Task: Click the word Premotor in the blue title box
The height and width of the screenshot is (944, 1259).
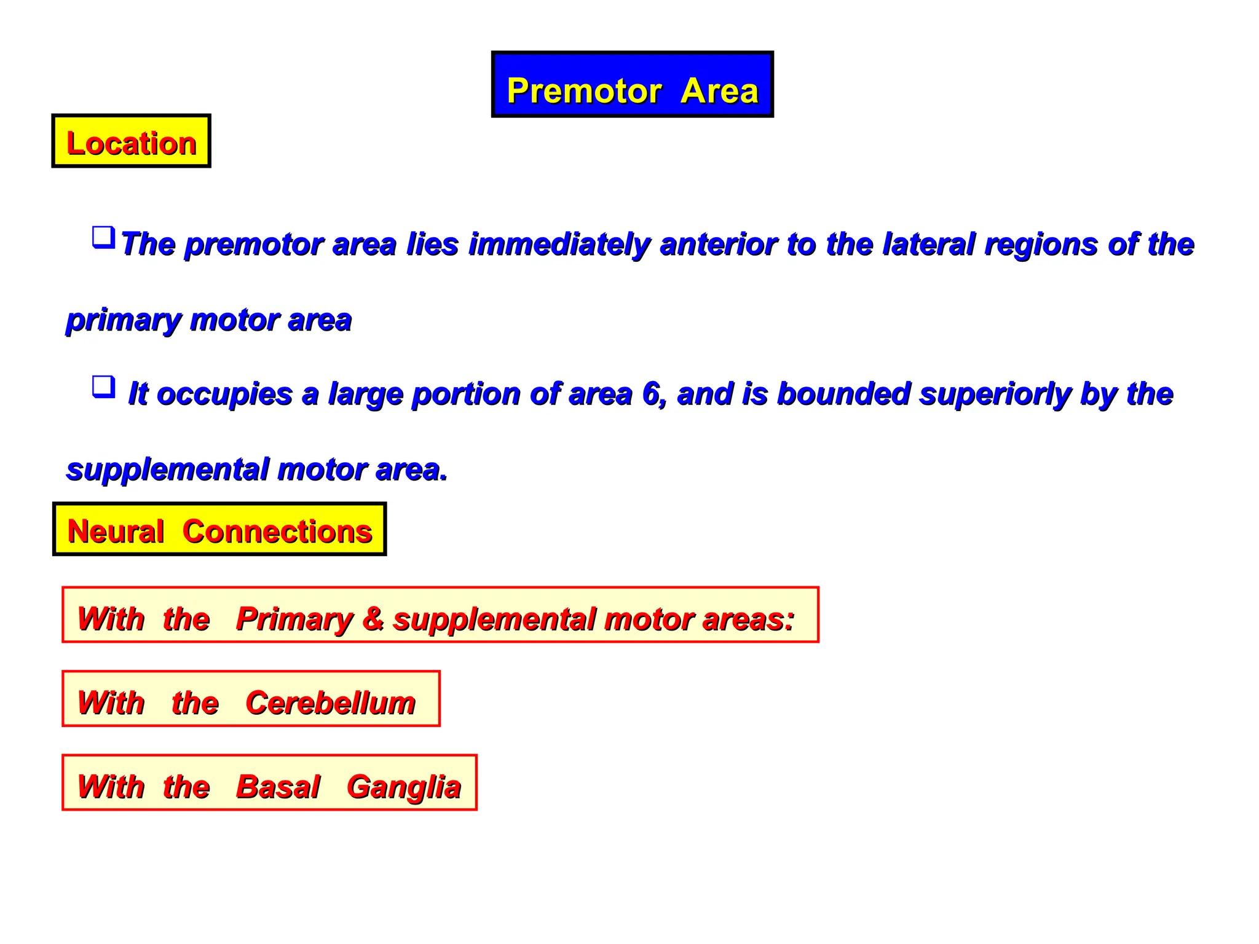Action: click(584, 91)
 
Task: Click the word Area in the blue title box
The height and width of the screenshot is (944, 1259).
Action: click(719, 91)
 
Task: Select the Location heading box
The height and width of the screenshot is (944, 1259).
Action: click(131, 141)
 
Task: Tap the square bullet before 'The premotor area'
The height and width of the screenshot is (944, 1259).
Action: click(103, 237)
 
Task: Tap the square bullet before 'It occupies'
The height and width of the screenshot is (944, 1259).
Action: click(103, 387)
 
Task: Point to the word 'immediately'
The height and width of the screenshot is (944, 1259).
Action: click(559, 244)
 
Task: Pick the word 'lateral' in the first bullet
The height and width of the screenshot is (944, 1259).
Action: click(928, 244)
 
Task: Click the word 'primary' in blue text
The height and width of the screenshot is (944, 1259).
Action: click(123, 321)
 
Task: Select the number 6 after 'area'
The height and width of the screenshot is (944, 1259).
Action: click(651, 393)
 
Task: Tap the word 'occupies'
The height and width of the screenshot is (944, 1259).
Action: click(224, 395)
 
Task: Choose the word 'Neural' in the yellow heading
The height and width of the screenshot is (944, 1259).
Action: click(116, 531)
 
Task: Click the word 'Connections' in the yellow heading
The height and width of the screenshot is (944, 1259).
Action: click(277, 531)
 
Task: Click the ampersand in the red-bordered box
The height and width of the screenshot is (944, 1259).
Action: click(373, 618)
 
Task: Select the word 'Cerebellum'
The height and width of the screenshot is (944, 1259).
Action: click(330, 702)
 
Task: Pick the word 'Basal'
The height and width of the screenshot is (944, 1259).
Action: click(278, 787)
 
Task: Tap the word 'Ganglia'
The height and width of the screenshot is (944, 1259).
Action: click(403, 788)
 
